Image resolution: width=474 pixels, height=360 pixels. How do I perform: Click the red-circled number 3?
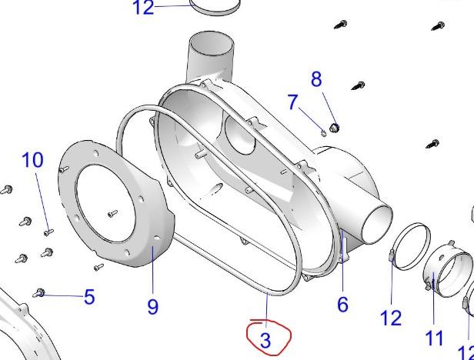(266, 340)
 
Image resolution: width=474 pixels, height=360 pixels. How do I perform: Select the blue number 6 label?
(342, 304)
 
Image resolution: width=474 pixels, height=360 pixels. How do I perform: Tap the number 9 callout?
(153, 306)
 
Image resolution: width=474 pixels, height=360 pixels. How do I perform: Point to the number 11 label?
(434, 337)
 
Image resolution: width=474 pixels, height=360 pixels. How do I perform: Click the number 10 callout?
(32, 160)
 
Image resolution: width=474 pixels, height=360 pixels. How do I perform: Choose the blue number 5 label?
(89, 296)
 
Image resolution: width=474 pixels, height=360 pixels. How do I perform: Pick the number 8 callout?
(316, 78)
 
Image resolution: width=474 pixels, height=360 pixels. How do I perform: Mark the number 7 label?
(292, 102)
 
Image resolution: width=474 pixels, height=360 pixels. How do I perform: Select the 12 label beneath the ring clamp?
(391, 317)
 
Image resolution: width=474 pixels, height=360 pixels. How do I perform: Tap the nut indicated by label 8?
(334, 127)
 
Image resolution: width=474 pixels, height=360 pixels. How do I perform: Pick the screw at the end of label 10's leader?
(48, 231)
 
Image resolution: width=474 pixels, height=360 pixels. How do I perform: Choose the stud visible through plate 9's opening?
(113, 213)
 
